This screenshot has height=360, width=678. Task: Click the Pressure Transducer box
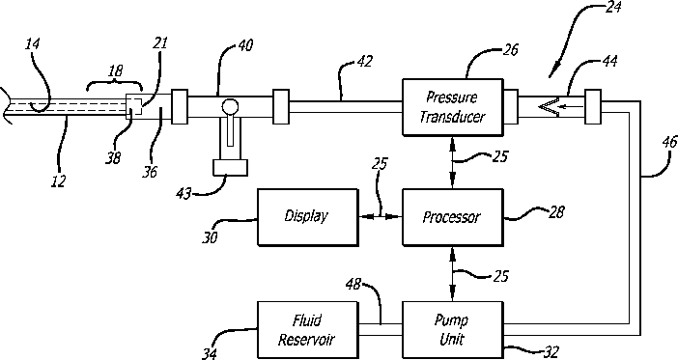(453, 107)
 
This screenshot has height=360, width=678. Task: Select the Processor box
(453, 217)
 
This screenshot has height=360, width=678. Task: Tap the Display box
(308, 217)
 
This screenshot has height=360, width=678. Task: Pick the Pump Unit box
(453, 330)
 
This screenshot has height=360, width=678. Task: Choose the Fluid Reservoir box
(308, 330)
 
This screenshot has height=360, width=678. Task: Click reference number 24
(612, 7)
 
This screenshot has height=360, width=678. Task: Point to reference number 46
(669, 143)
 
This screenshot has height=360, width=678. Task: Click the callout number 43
(184, 193)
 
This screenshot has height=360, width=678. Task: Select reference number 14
(33, 44)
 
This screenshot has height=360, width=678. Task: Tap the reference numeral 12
(58, 181)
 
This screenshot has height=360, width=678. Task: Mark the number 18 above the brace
(115, 71)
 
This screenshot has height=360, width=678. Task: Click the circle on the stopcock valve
(230, 107)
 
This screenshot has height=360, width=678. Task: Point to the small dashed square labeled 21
(134, 107)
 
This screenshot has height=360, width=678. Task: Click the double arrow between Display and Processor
(381, 217)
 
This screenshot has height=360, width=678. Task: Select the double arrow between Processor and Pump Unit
(453, 274)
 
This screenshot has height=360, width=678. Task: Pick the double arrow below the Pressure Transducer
(453, 162)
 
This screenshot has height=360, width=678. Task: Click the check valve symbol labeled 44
(550, 107)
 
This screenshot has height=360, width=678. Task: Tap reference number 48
(353, 285)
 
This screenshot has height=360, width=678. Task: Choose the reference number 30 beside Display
(210, 237)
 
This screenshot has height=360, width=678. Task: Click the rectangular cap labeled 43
(231, 168)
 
